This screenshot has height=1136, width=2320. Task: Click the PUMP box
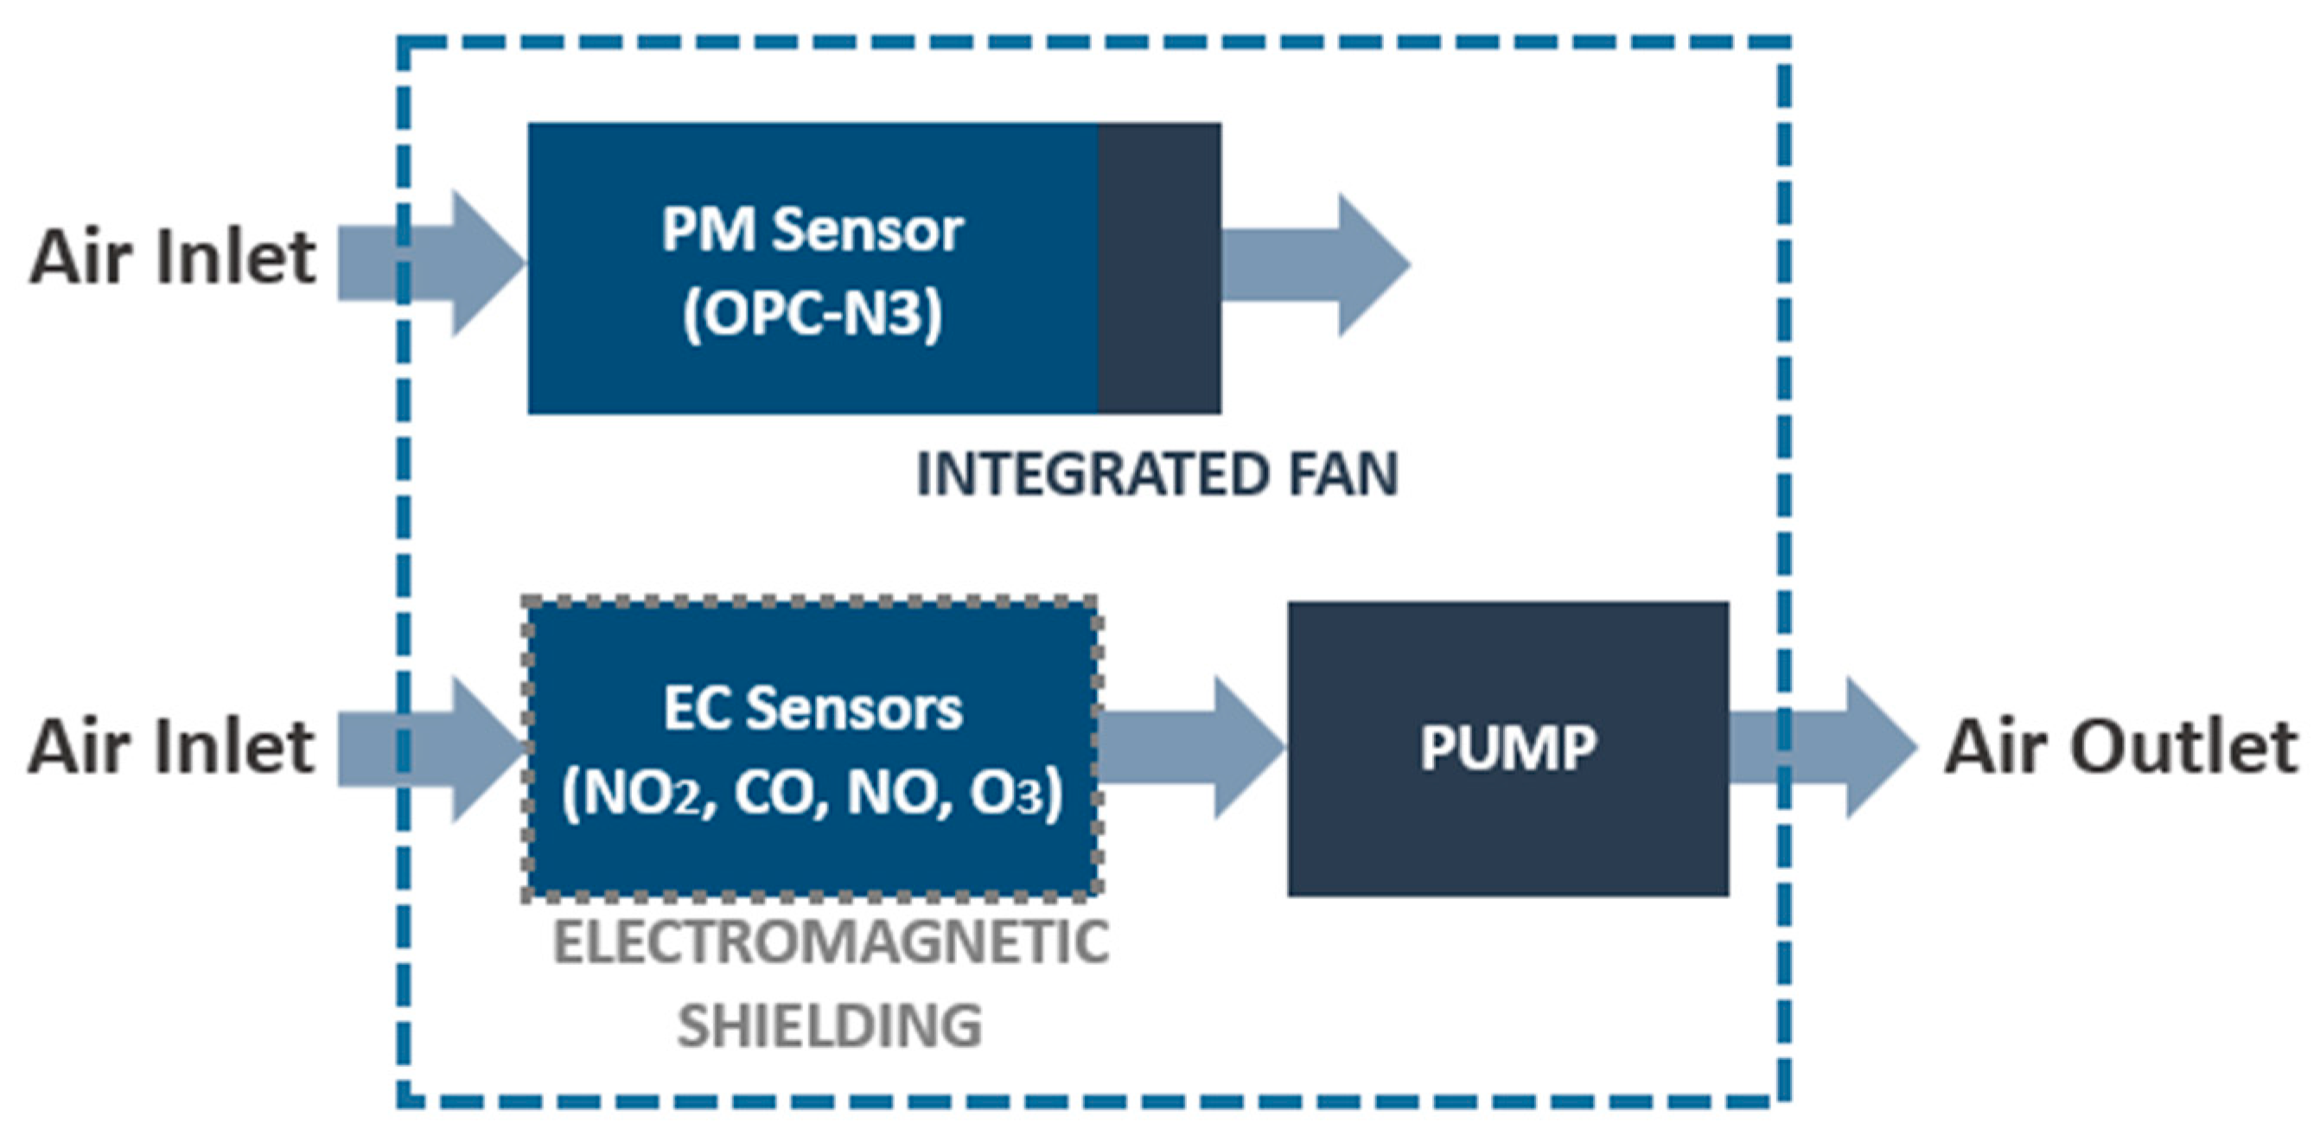tap(1507, 748)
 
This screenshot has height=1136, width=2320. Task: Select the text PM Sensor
tap(813, 230)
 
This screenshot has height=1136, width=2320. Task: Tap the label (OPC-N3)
tap(813, 314)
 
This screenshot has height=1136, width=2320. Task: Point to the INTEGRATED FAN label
tap(1157, 475)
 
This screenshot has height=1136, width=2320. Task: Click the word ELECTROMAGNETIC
tap(831, 943)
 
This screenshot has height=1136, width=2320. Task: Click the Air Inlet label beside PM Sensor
tap(172, 259)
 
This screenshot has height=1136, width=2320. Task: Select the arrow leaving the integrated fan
tap(1315, 265)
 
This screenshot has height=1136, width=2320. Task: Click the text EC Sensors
tap(813, 709)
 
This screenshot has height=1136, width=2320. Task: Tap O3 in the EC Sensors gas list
tap(1006, 794)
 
